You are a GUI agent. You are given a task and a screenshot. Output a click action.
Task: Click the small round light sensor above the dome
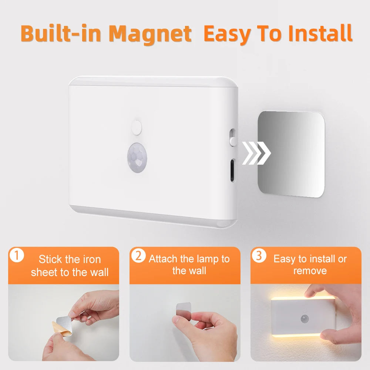click(x=137, y=127)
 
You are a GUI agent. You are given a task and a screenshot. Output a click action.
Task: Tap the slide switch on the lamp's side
click(x=232, y=137)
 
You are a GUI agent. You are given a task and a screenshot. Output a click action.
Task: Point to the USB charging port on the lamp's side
click(x=232, y=170)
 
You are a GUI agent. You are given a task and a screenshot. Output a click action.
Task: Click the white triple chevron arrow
click(x=256, y=152)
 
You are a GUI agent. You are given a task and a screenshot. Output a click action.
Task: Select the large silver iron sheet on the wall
click(x=291, y=154)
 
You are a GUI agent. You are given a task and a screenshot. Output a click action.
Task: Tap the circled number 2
click(x=138, y=256)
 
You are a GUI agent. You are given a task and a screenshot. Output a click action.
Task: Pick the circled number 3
click(x=259, y=256)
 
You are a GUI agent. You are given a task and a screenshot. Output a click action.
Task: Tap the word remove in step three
click(x=310, y=271)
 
